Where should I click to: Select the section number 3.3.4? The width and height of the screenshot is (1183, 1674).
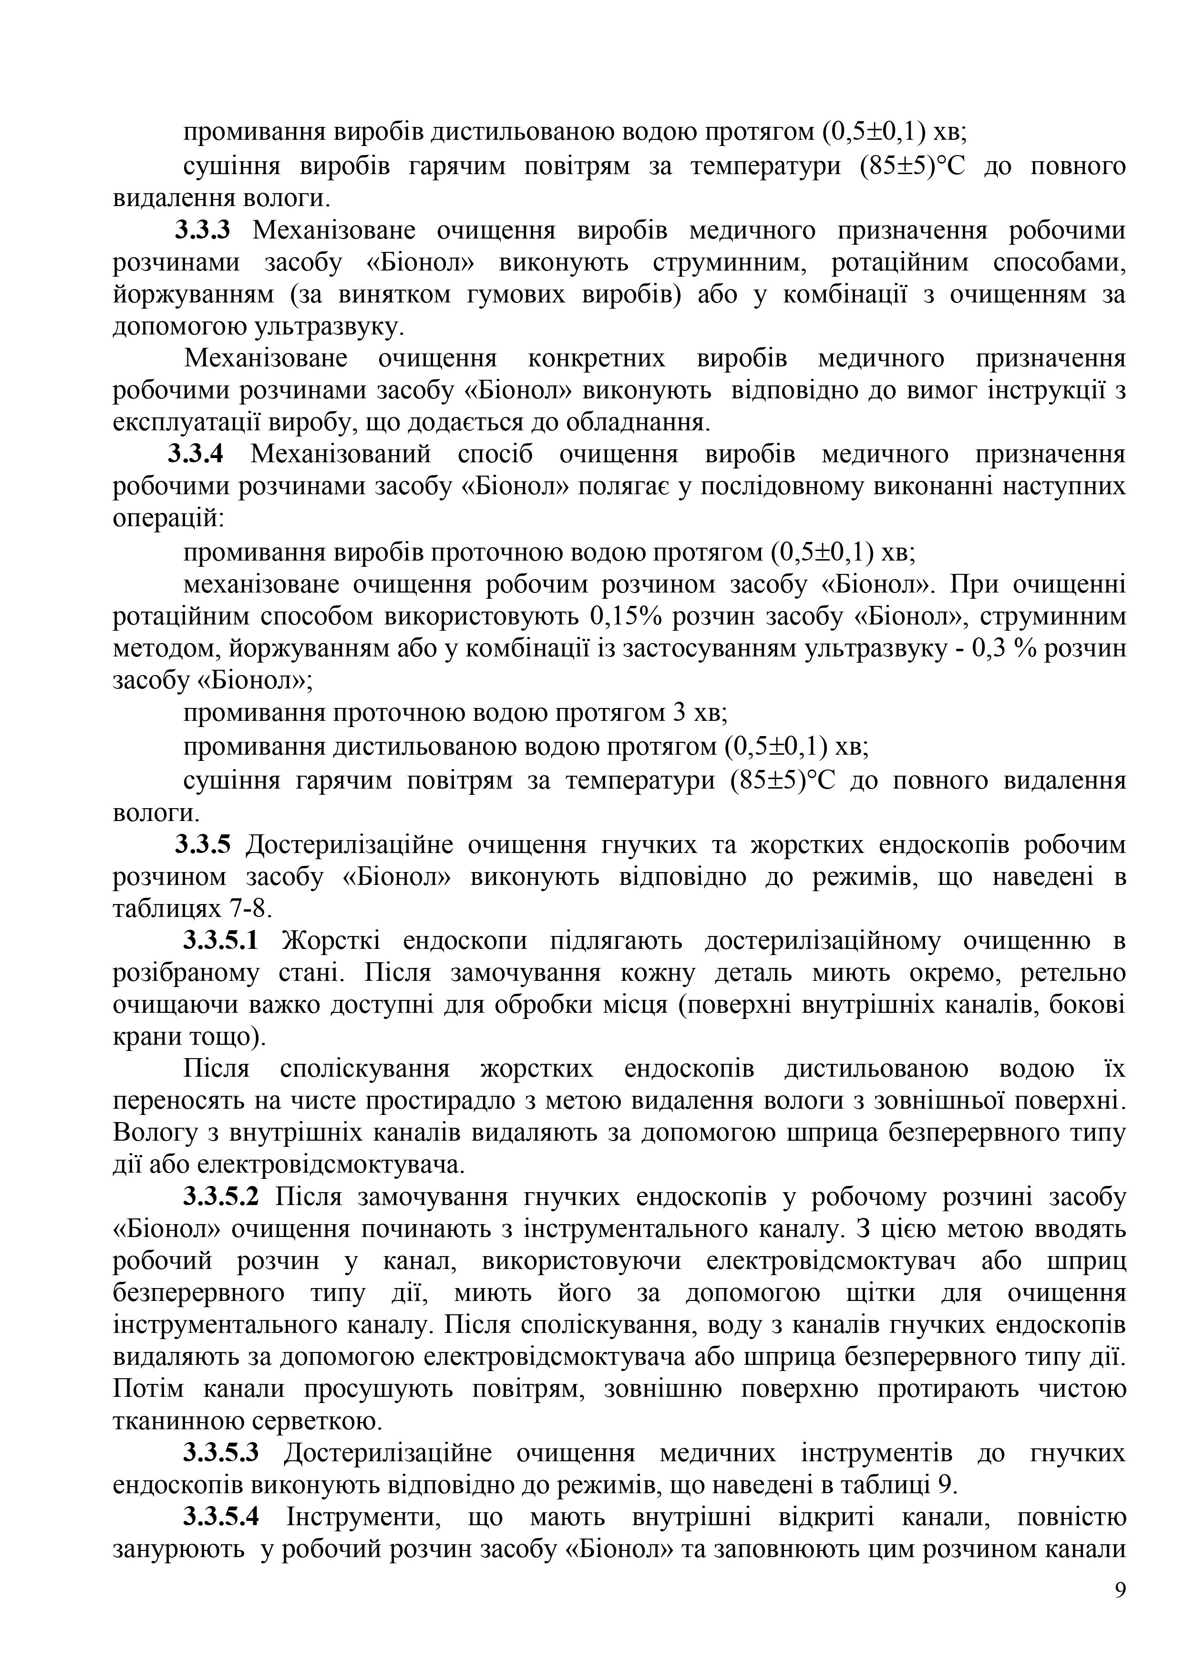click(195, 454)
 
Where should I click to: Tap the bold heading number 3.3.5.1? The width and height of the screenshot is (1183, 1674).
click(221, 941)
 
